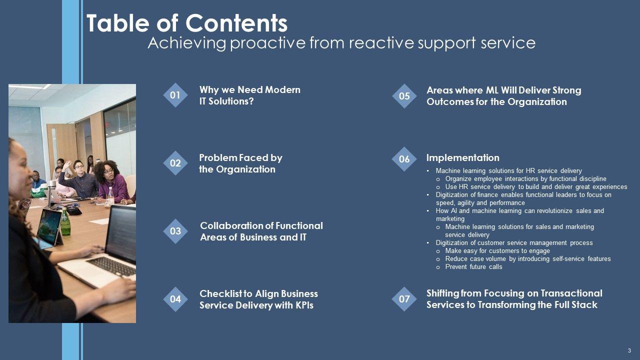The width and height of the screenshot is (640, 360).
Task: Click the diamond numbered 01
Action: pyautogui.click(x=175, y=95)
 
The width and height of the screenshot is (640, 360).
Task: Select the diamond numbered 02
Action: pyautogui.click(x=175, y=163)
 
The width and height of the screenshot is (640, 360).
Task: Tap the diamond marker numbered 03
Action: pyautogui.click(x=175, y=231)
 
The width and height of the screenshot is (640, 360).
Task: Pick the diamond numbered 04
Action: pyautogui.click(x=175, y=299)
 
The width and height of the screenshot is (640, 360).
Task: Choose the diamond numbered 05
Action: pyautogui.click(x=404, y=96)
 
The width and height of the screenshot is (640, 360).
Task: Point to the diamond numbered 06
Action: pyautogui.click(x=404, y=159)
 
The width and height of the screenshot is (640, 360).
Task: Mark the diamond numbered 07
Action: pyautogui.click(x=404, y=299)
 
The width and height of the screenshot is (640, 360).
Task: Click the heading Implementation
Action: pyautogui.click(x=463, y=157)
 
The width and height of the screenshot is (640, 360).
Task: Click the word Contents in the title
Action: pyautogui.click(x=236, y=23)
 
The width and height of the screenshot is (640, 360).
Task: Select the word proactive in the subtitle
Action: pyautogui.click(x=267, y=43)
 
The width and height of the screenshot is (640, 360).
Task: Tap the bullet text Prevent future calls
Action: pyautogui.click(x=473, y=267)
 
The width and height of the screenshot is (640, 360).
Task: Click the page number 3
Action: pyautogui.click(x=629, y=351)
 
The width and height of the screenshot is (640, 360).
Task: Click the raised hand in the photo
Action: pyautogui.click(x=68, y=164)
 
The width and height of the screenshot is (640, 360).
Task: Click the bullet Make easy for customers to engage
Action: pyautogui.click(x=497, y=251)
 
